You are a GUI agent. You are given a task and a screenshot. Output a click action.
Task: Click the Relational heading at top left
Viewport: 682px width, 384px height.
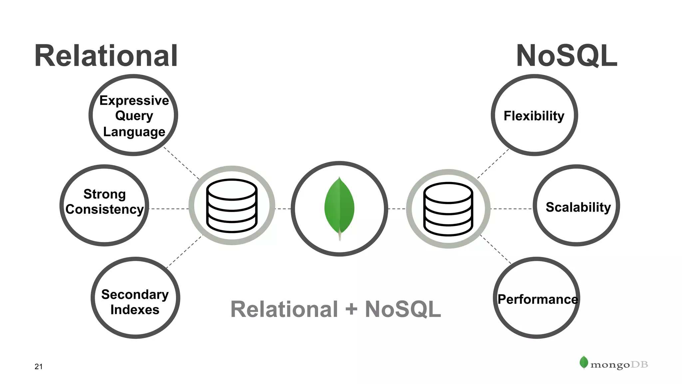[106, 56]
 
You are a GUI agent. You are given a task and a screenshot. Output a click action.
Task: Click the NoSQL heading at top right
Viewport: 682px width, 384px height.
[567, 56]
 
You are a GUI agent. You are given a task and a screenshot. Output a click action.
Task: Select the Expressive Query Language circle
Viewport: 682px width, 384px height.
[133, 115]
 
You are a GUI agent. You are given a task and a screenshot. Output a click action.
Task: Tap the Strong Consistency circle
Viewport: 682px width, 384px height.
[104, 205]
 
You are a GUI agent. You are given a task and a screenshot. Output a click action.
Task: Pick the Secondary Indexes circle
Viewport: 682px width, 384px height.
[135, 298]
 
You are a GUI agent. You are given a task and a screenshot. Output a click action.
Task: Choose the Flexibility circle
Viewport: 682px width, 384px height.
[534, 115]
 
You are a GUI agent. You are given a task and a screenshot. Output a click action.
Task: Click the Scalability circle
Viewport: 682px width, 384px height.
[576, 205]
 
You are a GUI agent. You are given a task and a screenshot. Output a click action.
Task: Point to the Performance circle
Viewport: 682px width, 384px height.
[536, 298]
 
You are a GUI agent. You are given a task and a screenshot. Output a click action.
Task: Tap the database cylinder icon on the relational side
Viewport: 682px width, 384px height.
[232, 206]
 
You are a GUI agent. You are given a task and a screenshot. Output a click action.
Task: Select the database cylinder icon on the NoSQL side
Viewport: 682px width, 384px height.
[448, 209]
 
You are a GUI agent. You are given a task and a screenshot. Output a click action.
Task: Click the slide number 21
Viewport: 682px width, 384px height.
[39, 367]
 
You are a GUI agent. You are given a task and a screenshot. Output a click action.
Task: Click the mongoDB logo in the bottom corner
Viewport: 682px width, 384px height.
[614, 364]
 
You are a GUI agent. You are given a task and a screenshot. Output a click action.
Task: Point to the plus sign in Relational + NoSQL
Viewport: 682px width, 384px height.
[351, 309]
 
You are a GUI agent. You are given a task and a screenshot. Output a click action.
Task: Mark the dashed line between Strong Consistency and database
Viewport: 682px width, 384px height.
[169, 209]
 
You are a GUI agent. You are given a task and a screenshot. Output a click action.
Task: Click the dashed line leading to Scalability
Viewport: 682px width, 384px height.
[511, 209]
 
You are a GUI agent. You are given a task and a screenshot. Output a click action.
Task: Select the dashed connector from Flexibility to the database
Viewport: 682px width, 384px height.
[493, 163]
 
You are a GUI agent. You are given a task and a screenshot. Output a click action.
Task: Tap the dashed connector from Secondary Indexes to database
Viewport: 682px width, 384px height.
[184, 252]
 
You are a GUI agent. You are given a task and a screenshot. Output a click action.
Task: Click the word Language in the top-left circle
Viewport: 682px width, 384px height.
[134, 132]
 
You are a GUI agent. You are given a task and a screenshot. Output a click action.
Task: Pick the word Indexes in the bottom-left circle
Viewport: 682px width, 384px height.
[135, 310]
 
